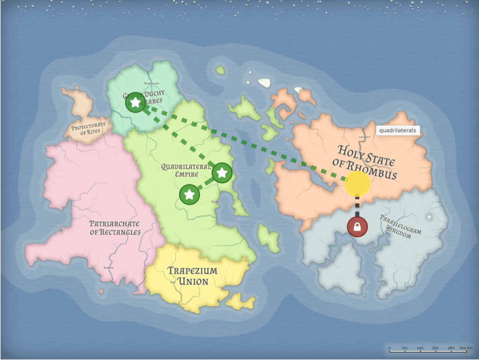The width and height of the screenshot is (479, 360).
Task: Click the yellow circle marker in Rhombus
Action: tap(357, 183)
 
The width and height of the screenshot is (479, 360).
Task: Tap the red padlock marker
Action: tap(357, 227)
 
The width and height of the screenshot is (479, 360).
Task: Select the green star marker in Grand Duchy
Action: tap(135, 102)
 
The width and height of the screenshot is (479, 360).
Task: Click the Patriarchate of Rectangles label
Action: tap(115, 228)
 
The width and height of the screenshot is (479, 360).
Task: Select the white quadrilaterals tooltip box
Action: tap(397, 130)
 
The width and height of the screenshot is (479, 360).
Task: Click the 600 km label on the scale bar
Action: tap(465, 348)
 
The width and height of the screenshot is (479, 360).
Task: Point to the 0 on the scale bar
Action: tap(389, 348)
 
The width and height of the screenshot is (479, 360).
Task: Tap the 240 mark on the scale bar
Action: tap(420, 348)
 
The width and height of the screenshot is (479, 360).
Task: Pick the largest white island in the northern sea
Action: tap(264, 83)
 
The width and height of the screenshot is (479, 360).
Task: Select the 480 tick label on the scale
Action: tap(450, 348)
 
